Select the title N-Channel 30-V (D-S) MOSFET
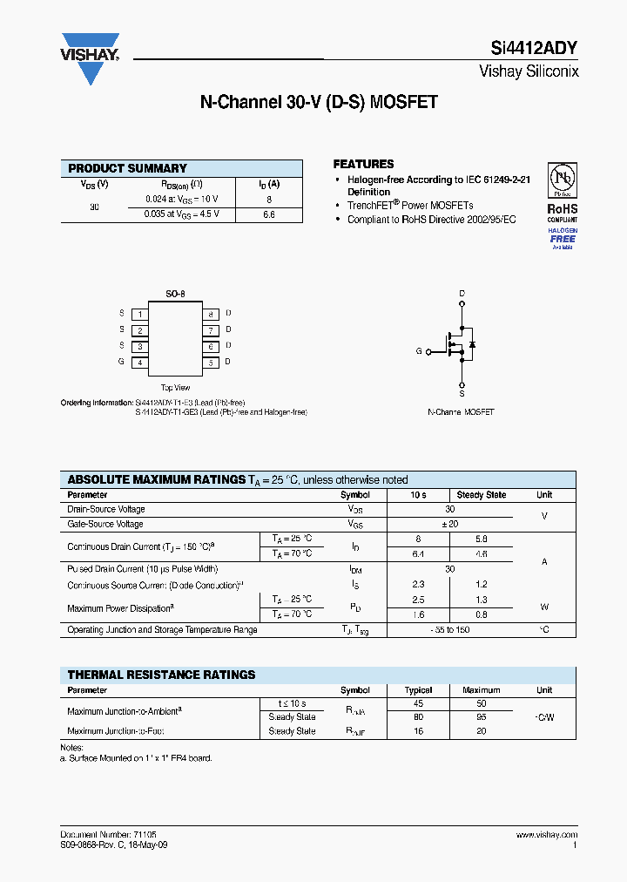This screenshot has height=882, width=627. coord(319,102)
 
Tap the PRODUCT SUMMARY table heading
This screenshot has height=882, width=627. coord(127,168)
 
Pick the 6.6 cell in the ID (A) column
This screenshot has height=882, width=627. coord(268,214)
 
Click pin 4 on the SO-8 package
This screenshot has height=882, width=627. coord(139,362)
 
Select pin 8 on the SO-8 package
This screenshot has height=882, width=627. coord(210,313)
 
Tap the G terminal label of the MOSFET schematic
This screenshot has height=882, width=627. coord(419,351)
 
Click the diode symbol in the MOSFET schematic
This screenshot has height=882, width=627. coord(472,345)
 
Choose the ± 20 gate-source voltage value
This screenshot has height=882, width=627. coord(449,525)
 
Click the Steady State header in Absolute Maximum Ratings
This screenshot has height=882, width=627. coord(481,495)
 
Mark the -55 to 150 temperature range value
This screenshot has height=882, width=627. coord(449,629)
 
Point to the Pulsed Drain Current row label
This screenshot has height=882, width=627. coord(131,568)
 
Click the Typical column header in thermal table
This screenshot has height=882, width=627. coord(419,690)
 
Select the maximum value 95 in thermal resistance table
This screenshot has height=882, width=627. coord(481,717)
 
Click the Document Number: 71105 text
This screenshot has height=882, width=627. coord(109,835)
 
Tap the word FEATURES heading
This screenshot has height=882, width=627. coord(363,164)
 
